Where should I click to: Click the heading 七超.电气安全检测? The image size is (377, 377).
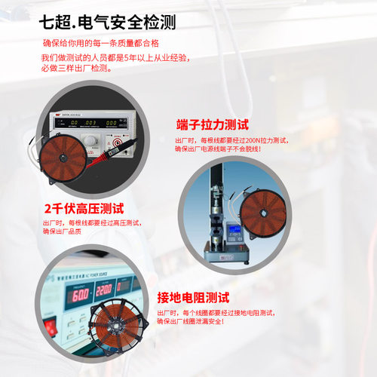point(110,22)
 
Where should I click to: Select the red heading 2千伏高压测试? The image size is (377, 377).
point(84,208)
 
